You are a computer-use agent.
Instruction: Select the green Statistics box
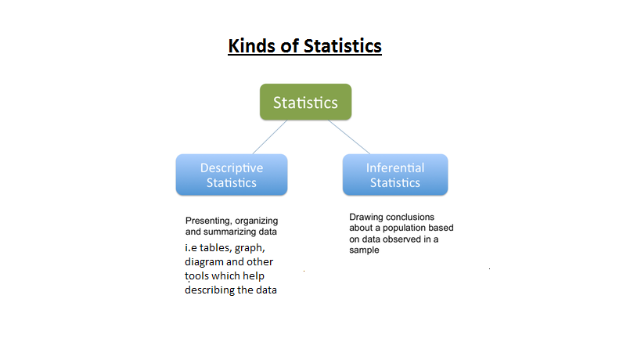pos(305,103)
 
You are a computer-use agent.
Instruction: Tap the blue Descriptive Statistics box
pos(231,175)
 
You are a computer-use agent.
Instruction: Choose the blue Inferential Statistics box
pos(395,175)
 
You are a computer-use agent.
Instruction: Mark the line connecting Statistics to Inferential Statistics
pos(348,136)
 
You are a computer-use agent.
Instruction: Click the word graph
pos(248,248)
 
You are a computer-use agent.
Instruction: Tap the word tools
pos(197,276)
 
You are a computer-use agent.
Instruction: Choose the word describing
pos(211,290)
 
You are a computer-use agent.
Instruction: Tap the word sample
pos(364,250)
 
